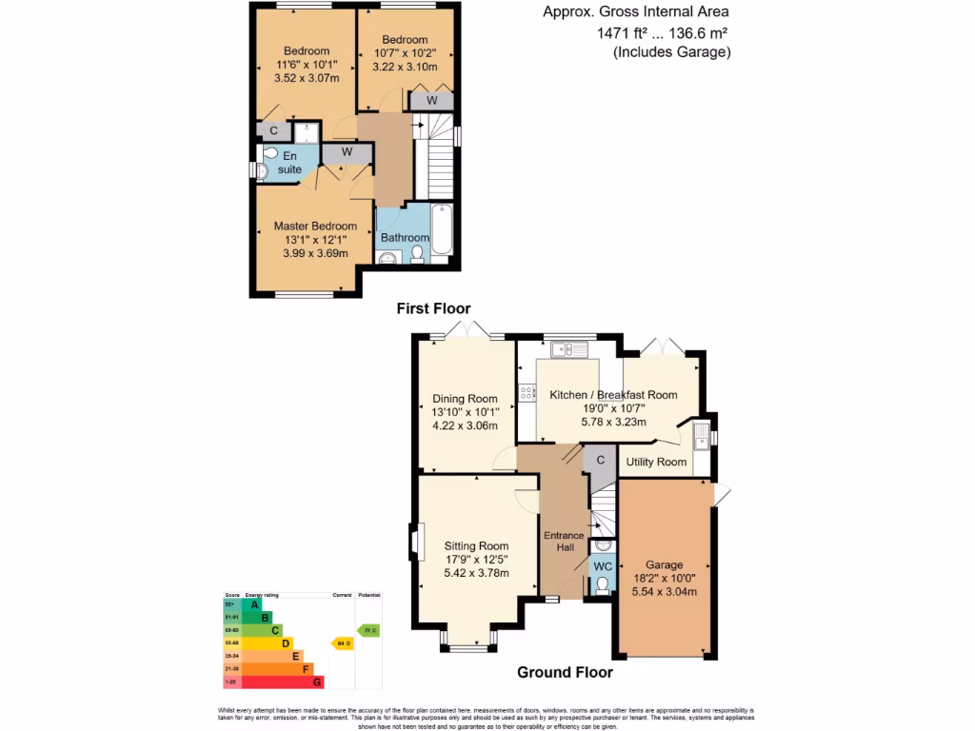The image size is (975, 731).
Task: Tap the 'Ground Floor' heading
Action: [565, 672]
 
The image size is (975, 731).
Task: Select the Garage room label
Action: [664, 564]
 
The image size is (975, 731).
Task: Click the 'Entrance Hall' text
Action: [564, 542]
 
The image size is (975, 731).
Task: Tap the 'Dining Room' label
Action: [465, 399]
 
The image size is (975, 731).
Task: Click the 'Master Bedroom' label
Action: [315, 226]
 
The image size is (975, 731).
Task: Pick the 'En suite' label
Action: [289, 162]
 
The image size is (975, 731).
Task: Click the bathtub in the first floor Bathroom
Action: [440, 229]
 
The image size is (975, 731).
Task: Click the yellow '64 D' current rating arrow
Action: [342, 643]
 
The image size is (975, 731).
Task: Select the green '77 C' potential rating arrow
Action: [367, 630]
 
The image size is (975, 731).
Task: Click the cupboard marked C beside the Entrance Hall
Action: [600, 459]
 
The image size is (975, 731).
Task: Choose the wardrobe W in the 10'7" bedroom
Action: [431, 100]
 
